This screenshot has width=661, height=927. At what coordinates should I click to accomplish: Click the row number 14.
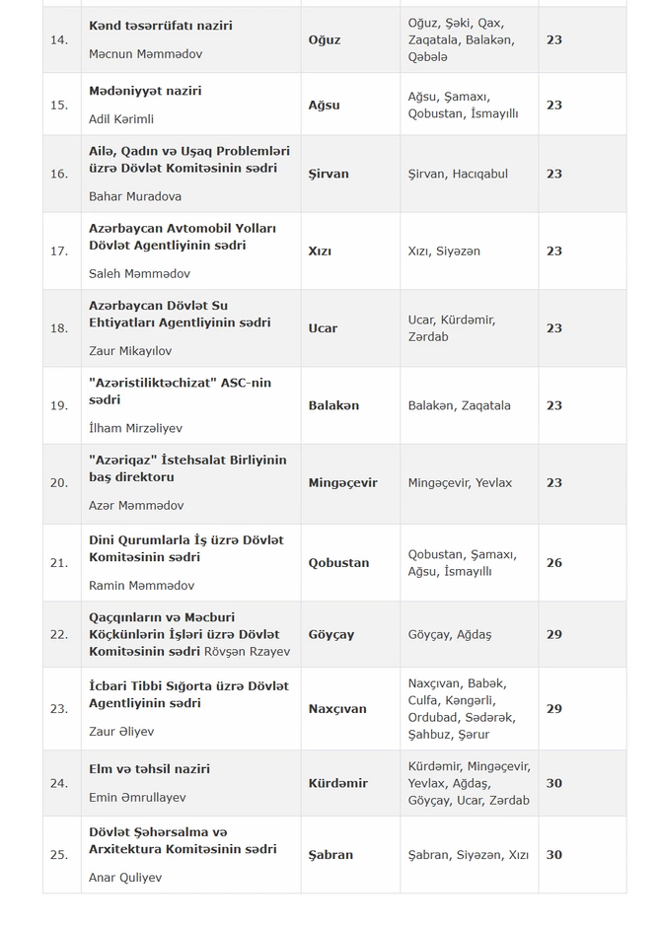pos(59,40)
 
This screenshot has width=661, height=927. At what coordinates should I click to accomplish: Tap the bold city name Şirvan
pos(329,174)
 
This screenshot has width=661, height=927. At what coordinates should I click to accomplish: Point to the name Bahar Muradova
pos(135,196)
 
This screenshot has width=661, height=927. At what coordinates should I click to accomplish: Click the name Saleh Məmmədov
pos(139,273)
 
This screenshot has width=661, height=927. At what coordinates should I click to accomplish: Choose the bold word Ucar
pos(323,327)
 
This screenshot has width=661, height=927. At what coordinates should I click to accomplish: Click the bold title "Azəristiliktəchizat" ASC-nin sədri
pos(180,391)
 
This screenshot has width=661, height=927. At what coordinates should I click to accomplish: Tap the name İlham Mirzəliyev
pos(135,428)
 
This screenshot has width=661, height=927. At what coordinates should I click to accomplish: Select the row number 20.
pos(59,482)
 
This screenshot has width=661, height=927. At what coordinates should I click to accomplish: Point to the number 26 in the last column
pos(554,562)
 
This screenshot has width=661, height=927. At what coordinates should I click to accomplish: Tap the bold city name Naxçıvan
pos(337,708)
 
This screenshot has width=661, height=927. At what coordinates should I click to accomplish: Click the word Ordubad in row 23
pos(434,717)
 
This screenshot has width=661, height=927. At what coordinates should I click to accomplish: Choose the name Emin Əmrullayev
pos(137,797)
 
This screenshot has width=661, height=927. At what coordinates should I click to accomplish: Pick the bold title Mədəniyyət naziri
pos(145,91)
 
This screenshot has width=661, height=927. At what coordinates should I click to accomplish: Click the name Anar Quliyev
pos(125,877)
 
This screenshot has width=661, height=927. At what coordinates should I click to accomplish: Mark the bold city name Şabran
pos(330,854)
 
